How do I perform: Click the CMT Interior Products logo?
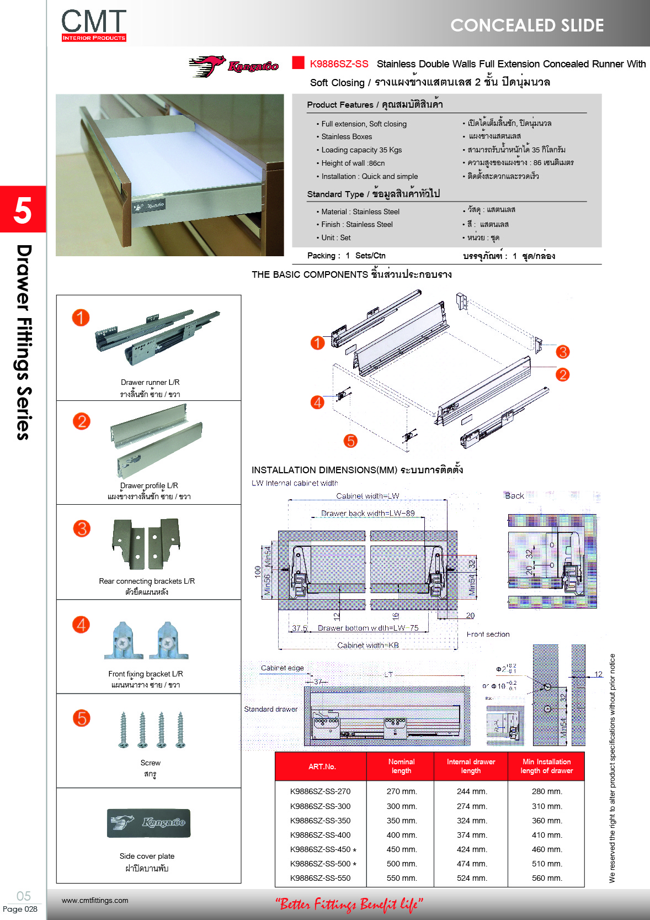pos(94,25)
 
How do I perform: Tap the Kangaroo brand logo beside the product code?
pos(234,66)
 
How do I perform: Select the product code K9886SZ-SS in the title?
pos(339,64)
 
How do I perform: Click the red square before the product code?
pos(298,62)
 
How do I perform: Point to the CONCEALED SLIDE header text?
pos(527,25)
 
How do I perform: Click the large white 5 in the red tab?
pos(23,210)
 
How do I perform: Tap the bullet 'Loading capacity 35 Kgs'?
pos(361,150)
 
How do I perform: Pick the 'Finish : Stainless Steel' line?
pos(356,224)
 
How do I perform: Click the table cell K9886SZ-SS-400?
pos(320,835)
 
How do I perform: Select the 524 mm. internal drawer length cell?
pos(471,878)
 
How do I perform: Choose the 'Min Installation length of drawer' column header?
pos(546,766)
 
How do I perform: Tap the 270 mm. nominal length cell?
pos(401,791)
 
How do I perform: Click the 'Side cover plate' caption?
pos(147,856)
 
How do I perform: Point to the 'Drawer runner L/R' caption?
pos(150,382)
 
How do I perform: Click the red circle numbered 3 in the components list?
pos(82,528)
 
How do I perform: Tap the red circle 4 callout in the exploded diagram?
pos(317,402)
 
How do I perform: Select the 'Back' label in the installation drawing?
pos(514,495)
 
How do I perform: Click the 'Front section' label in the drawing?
pos(488,634)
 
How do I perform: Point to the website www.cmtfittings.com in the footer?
pos(95,900)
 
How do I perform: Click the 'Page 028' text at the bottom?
pos(20,909)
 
